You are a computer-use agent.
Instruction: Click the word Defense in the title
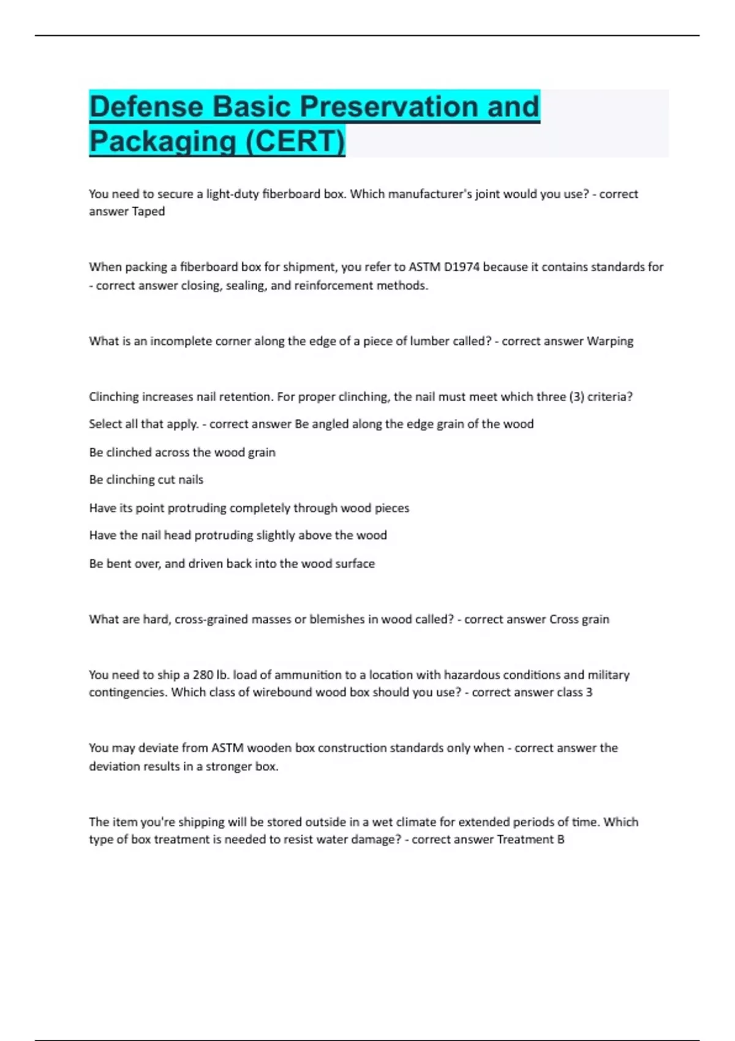tap(146, 107)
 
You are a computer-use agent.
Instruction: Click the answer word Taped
tap(148, 211)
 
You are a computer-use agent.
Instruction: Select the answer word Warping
tap(610, 341)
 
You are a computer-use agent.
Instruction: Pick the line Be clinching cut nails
tap(146, 479)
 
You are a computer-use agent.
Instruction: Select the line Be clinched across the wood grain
tap(182, 453)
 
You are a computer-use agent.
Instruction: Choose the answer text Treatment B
tap(530, 840)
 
